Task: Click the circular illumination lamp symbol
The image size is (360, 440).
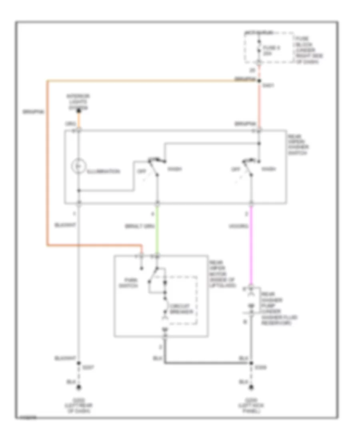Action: (79, 165)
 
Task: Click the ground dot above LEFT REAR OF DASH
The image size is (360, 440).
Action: (79, 387)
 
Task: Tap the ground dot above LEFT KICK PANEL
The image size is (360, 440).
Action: (251, 387)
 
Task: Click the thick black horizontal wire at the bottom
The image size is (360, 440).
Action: (208, 363)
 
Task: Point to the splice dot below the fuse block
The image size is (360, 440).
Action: (259, 81)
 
